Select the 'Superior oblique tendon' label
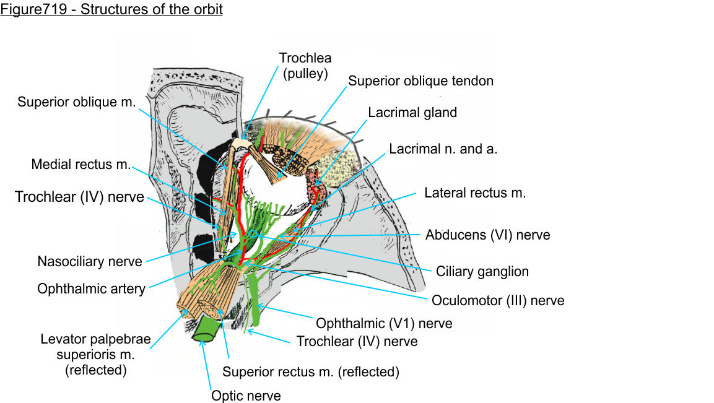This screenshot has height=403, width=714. (420, 81)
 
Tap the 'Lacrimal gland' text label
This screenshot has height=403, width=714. (412, 113)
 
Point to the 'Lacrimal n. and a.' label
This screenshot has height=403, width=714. (444, 149)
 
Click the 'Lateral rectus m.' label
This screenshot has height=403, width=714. (475, 193)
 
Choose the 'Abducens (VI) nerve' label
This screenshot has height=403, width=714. (487, 235)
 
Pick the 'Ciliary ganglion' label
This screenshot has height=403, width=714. (482, 271)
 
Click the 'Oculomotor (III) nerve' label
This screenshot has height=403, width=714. (498, 301)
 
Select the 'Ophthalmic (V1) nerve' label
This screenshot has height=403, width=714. (384, 323)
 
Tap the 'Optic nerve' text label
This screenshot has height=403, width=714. (246, 396)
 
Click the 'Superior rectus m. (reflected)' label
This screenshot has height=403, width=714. (311, 372)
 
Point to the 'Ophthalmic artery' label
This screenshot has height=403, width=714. (91, 288)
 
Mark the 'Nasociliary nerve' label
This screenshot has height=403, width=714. (90, 262)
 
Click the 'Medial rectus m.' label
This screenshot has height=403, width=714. (81, 165)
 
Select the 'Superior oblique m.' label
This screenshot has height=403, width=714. (76, 102)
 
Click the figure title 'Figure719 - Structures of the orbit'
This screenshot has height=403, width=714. (111, 11)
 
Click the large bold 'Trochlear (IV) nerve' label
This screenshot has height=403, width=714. (79, 197)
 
